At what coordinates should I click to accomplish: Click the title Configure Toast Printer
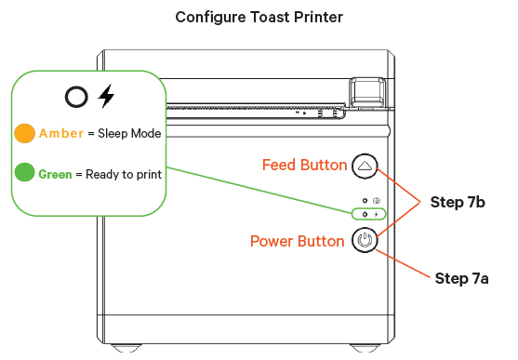(259, 18)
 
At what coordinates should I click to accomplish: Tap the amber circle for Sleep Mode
(25, 134)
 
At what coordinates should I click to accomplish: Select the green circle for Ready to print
(25, 172)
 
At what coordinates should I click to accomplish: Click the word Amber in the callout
(61, 134)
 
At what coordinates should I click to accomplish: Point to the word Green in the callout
(55, 174)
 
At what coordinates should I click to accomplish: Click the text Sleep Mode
(129, 134)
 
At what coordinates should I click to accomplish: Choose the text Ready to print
(124, 175)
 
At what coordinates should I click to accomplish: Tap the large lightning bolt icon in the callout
(106, 96)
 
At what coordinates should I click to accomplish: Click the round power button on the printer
(365, 240)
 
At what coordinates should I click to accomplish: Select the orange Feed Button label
(305, 165)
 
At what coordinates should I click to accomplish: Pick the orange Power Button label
(298, 241)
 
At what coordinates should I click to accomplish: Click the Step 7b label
(458, 202)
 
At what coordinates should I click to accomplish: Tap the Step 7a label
(461, 278)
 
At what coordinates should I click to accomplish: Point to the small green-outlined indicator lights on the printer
(368, 214)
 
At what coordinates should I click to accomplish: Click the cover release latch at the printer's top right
(367, 92)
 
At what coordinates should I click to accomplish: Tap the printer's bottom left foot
(126, 348)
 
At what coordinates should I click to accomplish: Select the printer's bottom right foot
(365, 348)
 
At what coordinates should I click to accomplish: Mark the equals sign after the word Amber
(91, 134)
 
